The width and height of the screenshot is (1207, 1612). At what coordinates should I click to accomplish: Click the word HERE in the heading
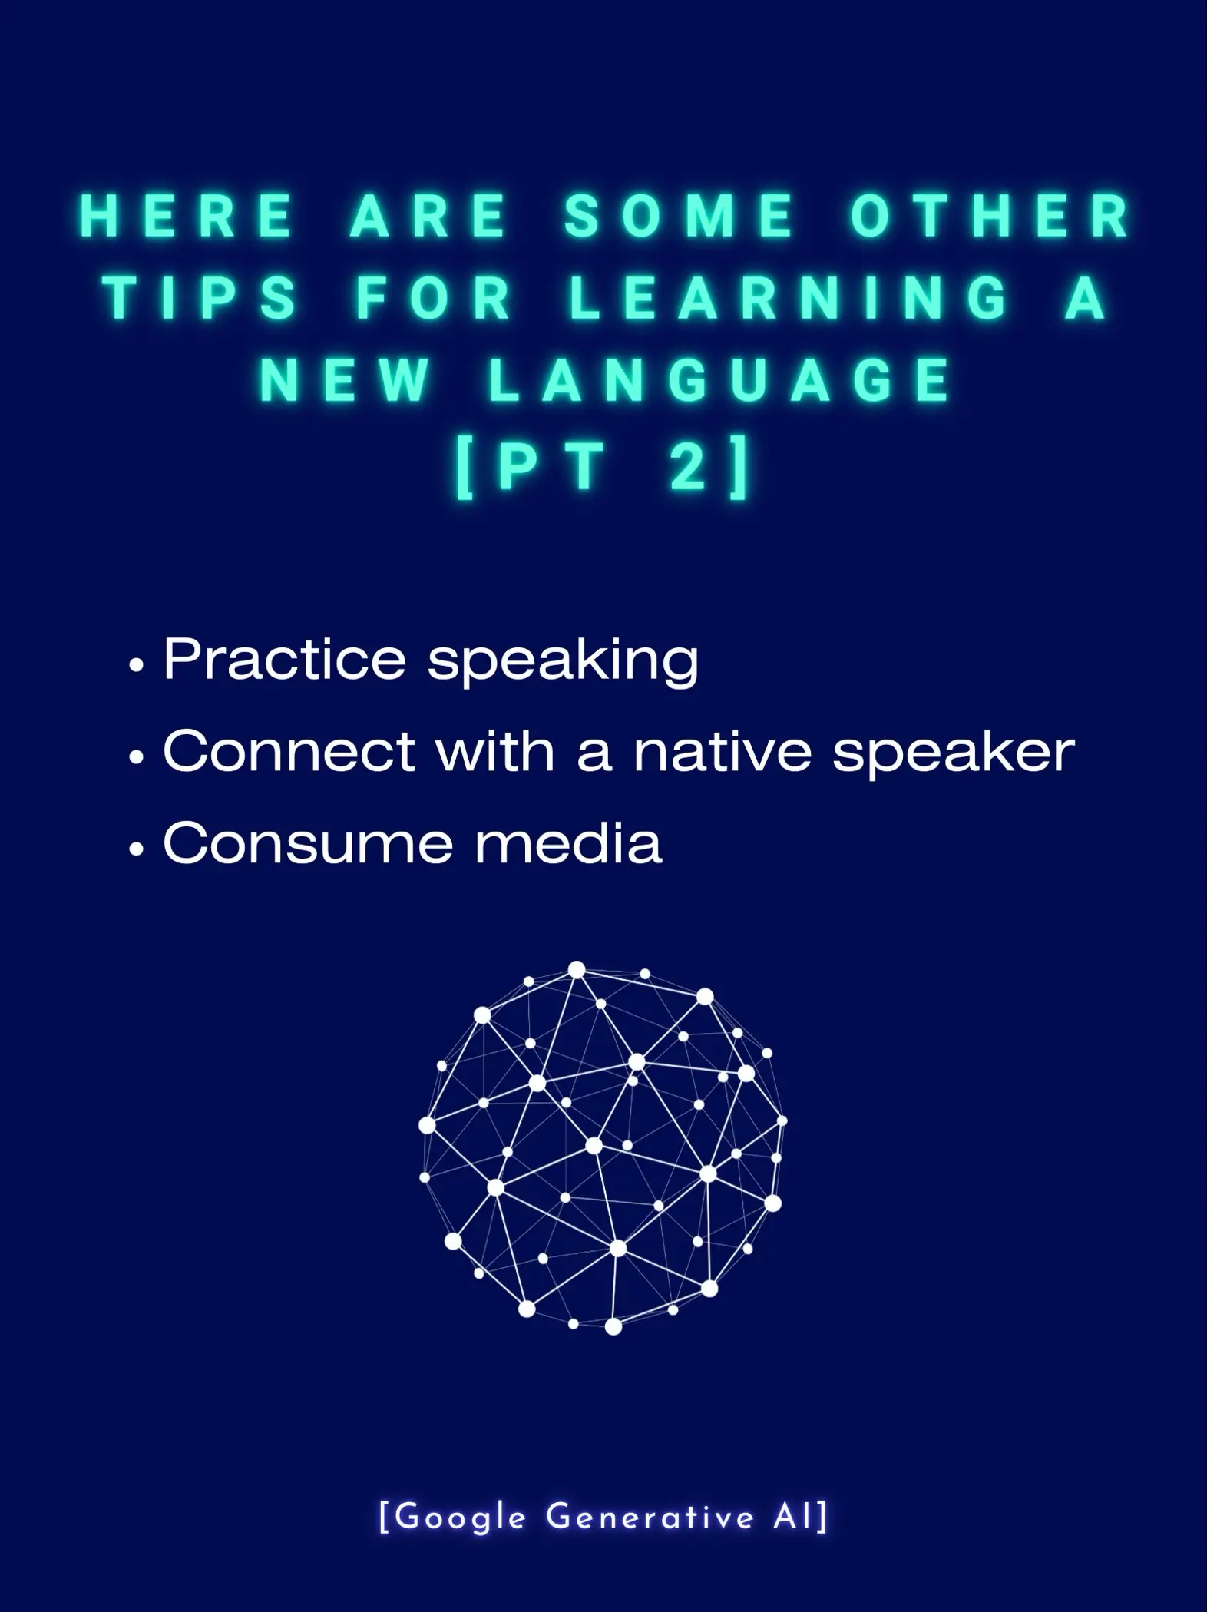tap(187, 217)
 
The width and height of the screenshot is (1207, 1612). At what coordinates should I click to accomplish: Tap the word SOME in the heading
tap(680, 217)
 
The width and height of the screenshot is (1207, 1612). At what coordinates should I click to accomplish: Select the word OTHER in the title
tap(990, 217)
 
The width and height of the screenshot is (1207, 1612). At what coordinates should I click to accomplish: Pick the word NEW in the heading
tap(346, 380)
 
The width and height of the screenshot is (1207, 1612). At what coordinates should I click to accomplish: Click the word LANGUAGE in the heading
tap(720, 380)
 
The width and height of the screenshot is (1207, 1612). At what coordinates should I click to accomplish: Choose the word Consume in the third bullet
tap(307, 843)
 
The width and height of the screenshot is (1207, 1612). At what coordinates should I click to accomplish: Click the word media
tap(568, 843)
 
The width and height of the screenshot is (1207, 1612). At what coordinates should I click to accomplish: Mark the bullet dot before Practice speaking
tap(137, 666)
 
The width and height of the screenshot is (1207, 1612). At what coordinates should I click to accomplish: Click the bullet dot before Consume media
tap(137, 850)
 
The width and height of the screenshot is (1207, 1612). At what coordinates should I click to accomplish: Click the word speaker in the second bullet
tap(954, 753)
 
